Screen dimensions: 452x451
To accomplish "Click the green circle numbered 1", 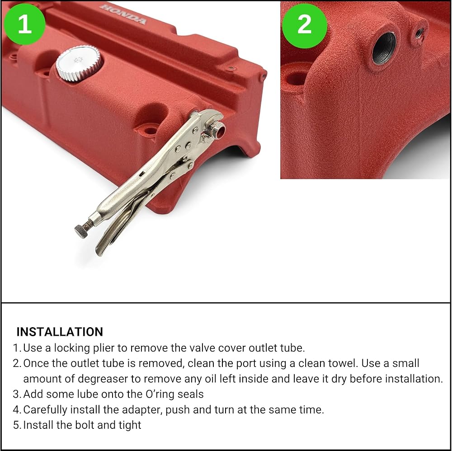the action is click(x=24, y=24).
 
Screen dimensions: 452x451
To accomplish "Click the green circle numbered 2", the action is click(x=304, y=26).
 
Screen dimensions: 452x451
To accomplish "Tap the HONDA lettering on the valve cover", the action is click(x=123, y=14).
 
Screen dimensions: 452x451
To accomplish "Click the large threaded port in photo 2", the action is click(x=384, y=48).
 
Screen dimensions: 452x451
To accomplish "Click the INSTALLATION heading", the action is click(x=60, y=332).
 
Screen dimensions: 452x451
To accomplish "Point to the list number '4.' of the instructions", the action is click(x=17, y=409).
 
